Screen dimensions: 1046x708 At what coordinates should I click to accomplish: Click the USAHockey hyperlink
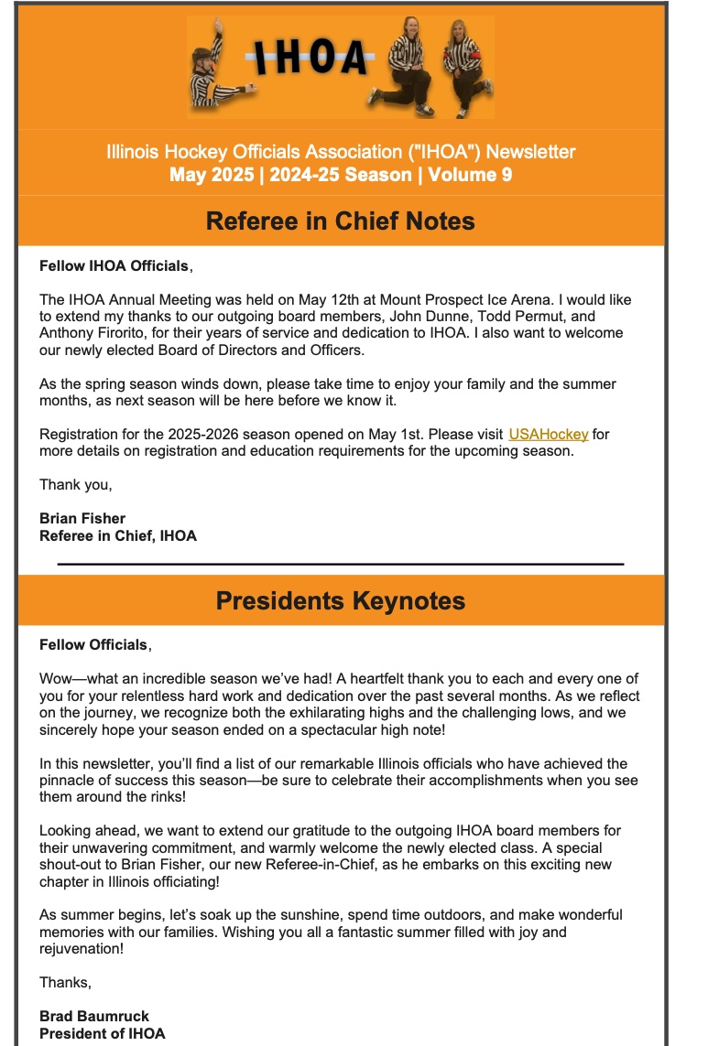[x=548, y=434]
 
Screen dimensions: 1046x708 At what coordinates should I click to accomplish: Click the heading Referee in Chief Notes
[x=340, y=221]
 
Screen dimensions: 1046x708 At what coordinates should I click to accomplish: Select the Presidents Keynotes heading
[x=340, y=600]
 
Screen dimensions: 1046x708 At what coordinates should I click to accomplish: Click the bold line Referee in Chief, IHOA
[x=117, y=535]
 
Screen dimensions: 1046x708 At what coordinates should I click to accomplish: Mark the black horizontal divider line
[x=340, y=565]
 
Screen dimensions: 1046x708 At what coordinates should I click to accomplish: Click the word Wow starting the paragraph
[x=57, y=679]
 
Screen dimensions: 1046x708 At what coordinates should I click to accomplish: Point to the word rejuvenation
[x=81, y=948]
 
